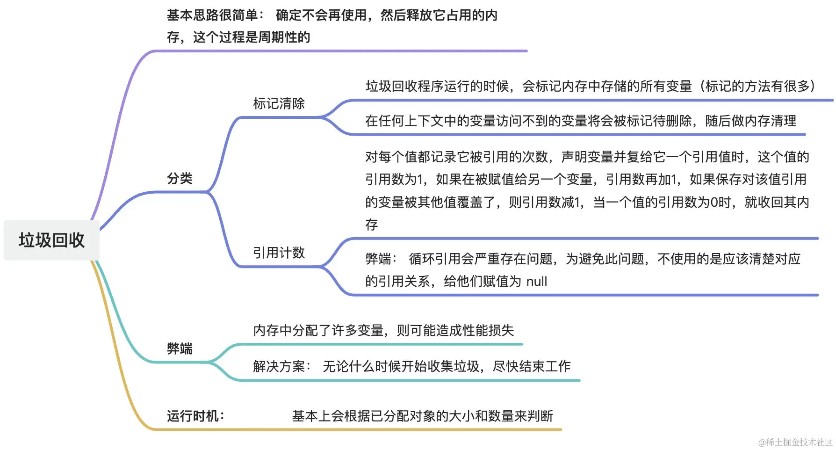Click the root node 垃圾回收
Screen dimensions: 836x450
pos(51,240)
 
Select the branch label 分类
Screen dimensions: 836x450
pos(180,178)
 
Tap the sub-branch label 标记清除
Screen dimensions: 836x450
pos(279,103)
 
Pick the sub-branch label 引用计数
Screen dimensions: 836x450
pos(279,253)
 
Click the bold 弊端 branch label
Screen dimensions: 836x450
pos(180,348)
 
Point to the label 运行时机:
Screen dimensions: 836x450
pos(195,416)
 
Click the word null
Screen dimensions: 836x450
pos(536,282)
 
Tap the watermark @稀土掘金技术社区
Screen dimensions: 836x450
pos(795,442)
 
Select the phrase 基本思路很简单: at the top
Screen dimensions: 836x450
pos(215,15)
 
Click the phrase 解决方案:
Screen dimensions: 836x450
pos(282,366)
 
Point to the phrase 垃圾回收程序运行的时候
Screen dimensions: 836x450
pos(437,87)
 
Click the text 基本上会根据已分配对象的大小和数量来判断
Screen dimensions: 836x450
pos(422,416)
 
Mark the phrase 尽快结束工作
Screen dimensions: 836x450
pos(532,366)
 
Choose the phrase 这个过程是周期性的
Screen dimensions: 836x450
pos(252,37)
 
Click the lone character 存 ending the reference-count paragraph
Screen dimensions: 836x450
pos(372,225)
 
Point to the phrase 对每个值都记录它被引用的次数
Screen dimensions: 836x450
pos(456,157)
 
